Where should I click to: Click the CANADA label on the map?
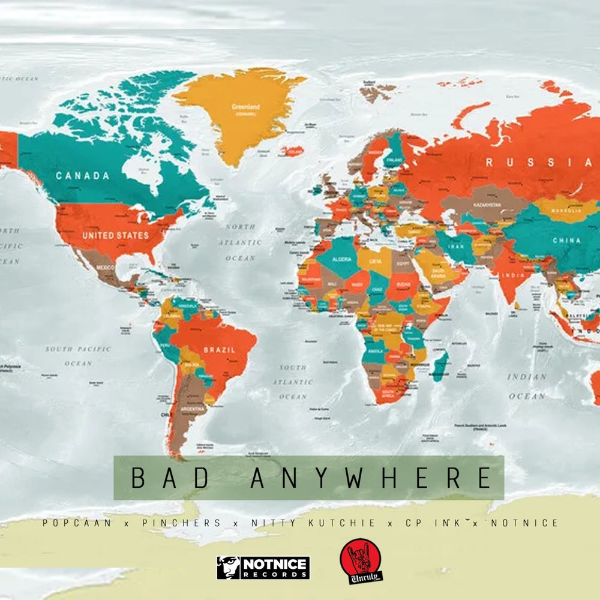click(x=83, y=176)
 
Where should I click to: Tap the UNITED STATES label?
click(x=106, y=235)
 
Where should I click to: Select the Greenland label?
click(x=245, y=107)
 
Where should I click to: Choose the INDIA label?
click(x=514, y=275)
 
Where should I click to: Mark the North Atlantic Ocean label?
click(x=244, y=242)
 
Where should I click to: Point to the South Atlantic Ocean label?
click(x=292, y=382)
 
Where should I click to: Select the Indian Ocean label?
click(x=527, y=386)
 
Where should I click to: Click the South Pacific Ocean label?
click(x=78, y=355)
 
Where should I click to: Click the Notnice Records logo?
click(x=263, y=568)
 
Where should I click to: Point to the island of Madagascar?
click(x=440, y=365)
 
